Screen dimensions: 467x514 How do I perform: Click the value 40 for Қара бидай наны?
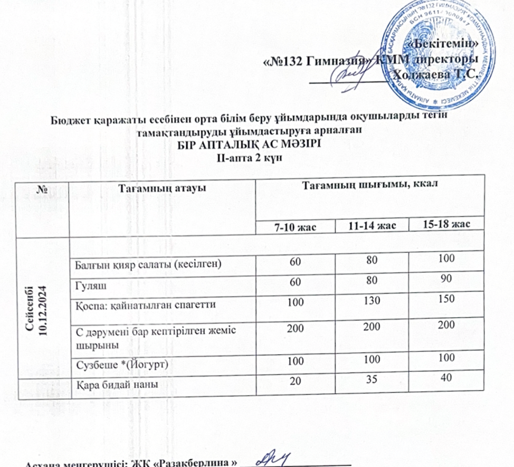pos(446,379)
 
